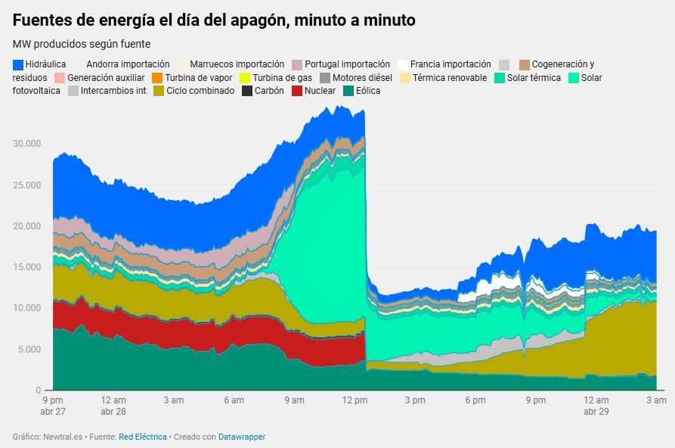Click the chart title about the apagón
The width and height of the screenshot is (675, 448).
pyautogui.click(x=214, y=20)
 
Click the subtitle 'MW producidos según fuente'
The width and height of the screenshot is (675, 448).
pyautogui.click(x=82, y=44)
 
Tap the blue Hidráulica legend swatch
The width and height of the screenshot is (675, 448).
pyautogui.click(x=18, y=64)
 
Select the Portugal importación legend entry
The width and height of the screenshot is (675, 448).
pyautogui.click(x=347, y=64)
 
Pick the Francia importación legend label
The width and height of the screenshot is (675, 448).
pyautogui.click(x=451, y=64)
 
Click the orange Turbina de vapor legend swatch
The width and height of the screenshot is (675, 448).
pyautogui.click(x=157, y=77)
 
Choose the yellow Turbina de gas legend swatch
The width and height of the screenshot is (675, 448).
pyautogui.click(x=245, y=77)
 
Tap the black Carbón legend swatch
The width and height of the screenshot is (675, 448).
pyautogui.click(x=248, y=91)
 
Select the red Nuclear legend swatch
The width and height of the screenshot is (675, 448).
pyautogui.click(x=298, y=91)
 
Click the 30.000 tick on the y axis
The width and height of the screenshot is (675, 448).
pyautogui.click(x=27, y=144)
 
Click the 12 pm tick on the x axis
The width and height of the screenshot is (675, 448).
pyautogui.click(x=354, y=400)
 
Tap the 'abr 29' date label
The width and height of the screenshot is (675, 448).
pyautogui.click(x=596, y=412)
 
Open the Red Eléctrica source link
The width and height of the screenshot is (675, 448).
pyautogui.click(x=142, y=437)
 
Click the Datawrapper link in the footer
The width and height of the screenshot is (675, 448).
pyautogui.click(x=242, y=437)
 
